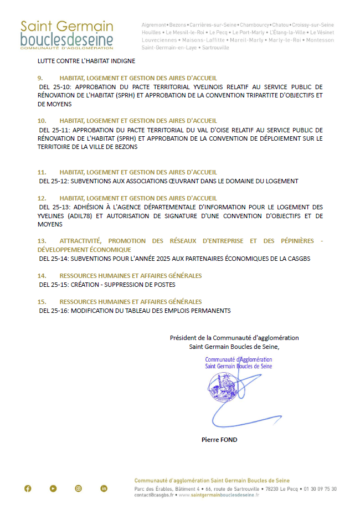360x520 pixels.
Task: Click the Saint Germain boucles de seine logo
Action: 66,35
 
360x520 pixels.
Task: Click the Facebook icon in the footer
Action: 28,488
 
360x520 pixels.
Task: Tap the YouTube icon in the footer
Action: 53,488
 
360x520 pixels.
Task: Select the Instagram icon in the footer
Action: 79,488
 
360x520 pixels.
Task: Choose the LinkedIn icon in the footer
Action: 104,488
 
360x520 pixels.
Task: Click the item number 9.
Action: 40,78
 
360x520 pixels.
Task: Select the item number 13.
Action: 42,241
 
